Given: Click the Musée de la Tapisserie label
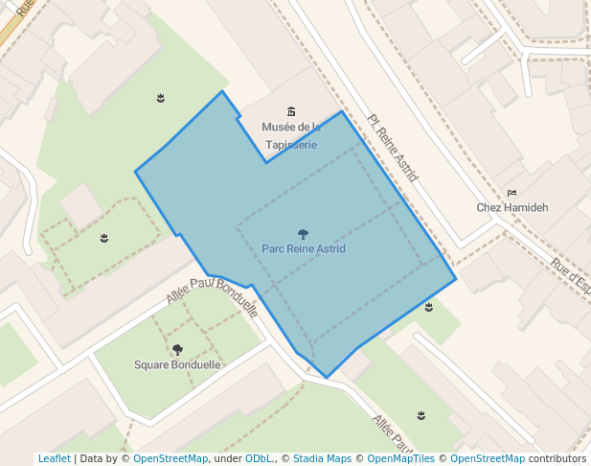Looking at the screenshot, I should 291,135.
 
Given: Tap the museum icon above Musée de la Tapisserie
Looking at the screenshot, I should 292,112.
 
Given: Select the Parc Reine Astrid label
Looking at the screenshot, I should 304,248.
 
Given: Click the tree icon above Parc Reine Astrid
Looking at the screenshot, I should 304,234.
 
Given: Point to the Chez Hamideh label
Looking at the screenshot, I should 512,207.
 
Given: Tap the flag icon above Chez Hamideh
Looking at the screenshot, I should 511,193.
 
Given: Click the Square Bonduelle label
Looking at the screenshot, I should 177,364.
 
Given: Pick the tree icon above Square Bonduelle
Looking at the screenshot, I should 177,350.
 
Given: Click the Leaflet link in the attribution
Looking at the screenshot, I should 55,458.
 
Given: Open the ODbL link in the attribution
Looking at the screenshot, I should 259,458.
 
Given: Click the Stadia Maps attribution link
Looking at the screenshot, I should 322,458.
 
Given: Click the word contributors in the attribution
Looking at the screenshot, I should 557,458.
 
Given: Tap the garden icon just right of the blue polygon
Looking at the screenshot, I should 429,307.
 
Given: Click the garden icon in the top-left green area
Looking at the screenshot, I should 161,98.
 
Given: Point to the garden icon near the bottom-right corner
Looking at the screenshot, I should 421,414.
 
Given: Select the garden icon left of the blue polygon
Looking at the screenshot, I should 104,238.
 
